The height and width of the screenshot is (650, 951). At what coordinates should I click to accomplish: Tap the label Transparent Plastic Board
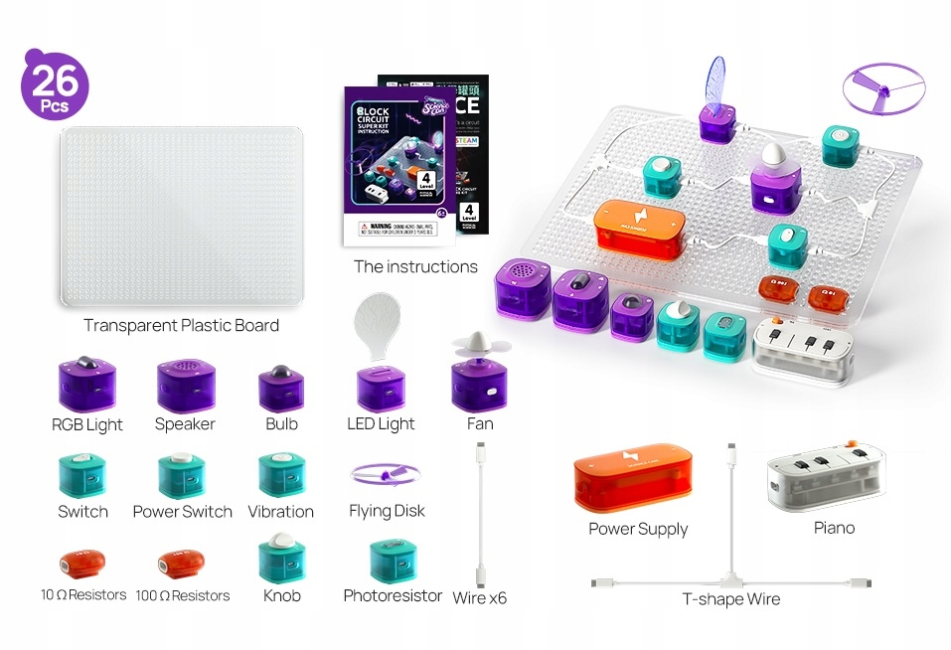[x=181, y=325]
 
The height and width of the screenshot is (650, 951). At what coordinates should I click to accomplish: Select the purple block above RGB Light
[x=87, y=384]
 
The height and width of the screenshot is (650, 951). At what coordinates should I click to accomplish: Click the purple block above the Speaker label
[x=185, y=384]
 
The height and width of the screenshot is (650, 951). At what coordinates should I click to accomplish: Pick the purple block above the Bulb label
[x=281, y=388]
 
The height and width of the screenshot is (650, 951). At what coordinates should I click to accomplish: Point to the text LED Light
[x=381, y=424]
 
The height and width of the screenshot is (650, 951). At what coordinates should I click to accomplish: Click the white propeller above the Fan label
[x=480, y=343]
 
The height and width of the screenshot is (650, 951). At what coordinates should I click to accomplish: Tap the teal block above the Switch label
[x=82, y=475]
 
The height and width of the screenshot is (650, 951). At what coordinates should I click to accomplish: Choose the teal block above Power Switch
[x=182, y=475]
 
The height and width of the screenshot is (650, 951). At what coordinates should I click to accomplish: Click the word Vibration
[x=281, y=511]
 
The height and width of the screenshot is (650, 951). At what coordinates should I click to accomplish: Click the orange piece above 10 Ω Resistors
[x=82, y=565]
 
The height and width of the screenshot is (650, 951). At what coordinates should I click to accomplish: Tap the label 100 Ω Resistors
[x=182, y=595]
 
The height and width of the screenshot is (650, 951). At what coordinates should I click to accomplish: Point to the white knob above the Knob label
[x=281, y=543]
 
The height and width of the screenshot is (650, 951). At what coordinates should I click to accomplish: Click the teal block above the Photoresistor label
[x=392, y=562]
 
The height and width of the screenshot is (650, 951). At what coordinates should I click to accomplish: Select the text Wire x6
[x=480, y=597]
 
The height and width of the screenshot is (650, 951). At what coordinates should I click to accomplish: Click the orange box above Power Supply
[x=638, y=477]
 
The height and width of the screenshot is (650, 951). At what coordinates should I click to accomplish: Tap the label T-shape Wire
[x=730, y=599]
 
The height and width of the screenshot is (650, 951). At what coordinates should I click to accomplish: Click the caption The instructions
[x=415, y=266]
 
